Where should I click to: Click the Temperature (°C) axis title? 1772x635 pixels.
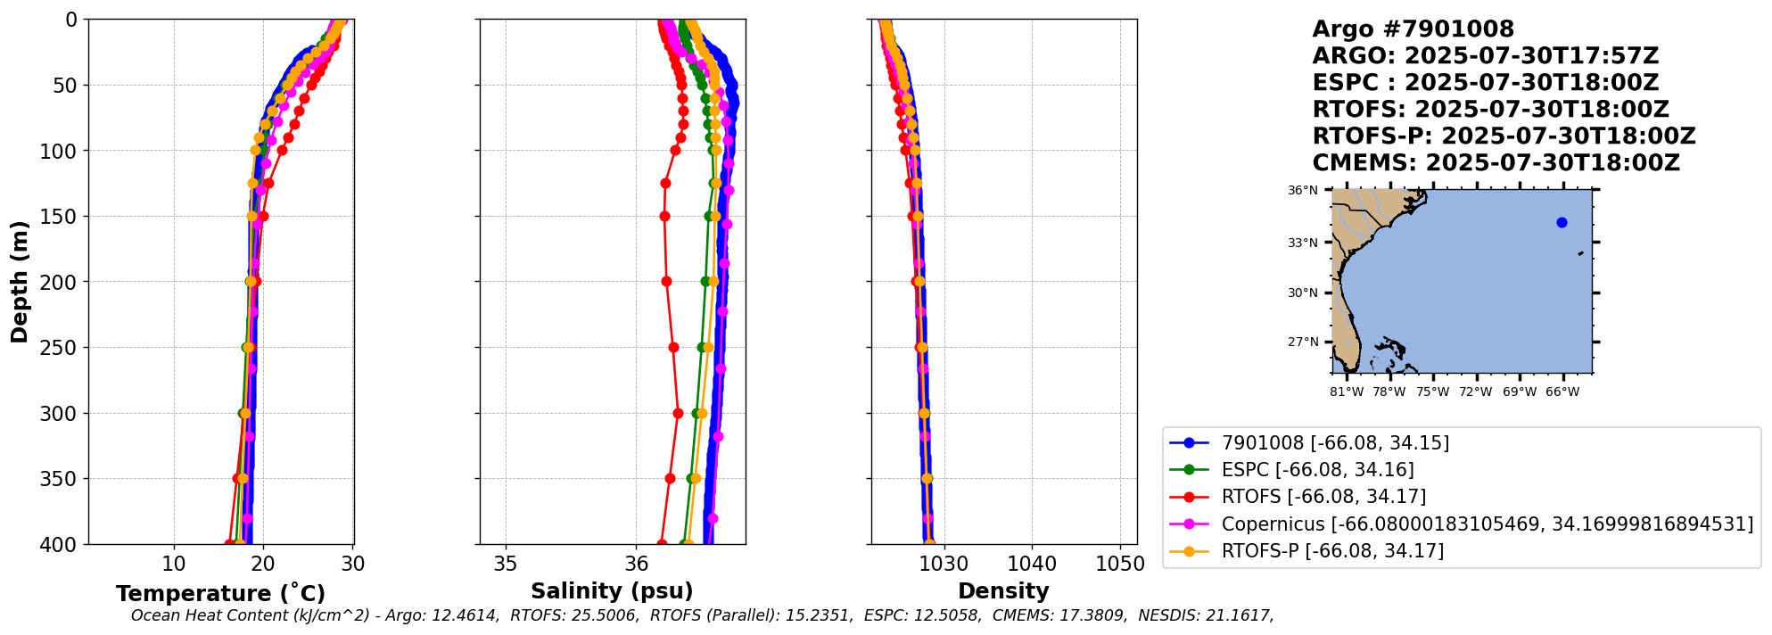point(220,594)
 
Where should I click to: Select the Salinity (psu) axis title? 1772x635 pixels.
point(612,591)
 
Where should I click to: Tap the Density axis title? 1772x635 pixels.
point(1003,591)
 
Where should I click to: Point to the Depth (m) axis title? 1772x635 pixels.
point(20,282)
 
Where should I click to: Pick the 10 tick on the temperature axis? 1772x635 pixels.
point(174,565)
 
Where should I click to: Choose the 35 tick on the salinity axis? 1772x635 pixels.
point(506,565)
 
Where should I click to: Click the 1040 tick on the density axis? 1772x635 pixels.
point(1032,565)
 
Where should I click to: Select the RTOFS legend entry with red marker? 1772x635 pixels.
point(1323,497)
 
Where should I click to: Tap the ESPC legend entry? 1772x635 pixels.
point(1317,470)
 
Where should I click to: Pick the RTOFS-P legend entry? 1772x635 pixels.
point(1332,551)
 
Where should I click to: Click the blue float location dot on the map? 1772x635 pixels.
point(1562,223)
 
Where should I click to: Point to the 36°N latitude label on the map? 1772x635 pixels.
point(1302,191)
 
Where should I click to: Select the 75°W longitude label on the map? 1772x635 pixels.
point(1432,392)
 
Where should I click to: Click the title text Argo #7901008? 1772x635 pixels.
point(1413,30)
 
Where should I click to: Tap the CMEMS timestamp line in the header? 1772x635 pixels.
point(1496,164)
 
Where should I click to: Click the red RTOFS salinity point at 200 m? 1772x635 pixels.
point(666,282)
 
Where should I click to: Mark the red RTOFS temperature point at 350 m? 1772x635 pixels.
point(237,479)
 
